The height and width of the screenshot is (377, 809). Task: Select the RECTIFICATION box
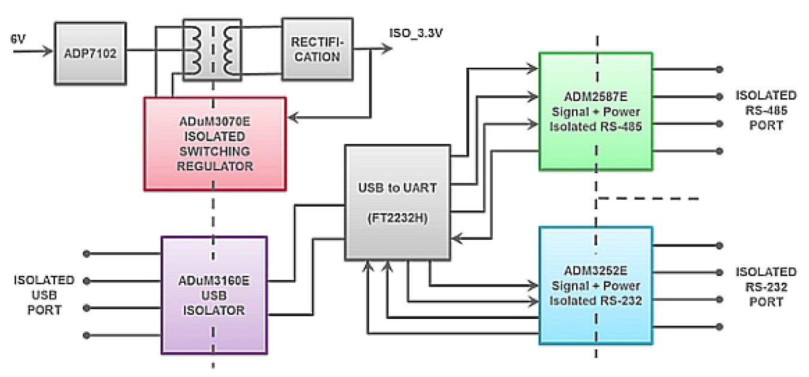tap(317, 49)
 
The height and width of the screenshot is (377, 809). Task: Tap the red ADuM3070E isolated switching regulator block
tap(215, 144)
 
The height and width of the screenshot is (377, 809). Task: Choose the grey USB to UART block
tap(397, 202)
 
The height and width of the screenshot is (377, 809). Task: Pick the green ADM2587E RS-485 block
tap(595, 111)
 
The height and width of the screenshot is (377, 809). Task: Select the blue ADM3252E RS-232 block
tap(595, 285)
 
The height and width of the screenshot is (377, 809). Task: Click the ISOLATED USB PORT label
tap(44, 295)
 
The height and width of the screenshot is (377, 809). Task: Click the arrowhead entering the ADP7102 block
tap(47, 52)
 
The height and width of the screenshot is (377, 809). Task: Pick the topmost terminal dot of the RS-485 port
tap(720, 69)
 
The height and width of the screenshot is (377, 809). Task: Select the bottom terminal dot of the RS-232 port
tap(720, 327)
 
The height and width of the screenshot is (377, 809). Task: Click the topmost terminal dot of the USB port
tap(88, 254)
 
